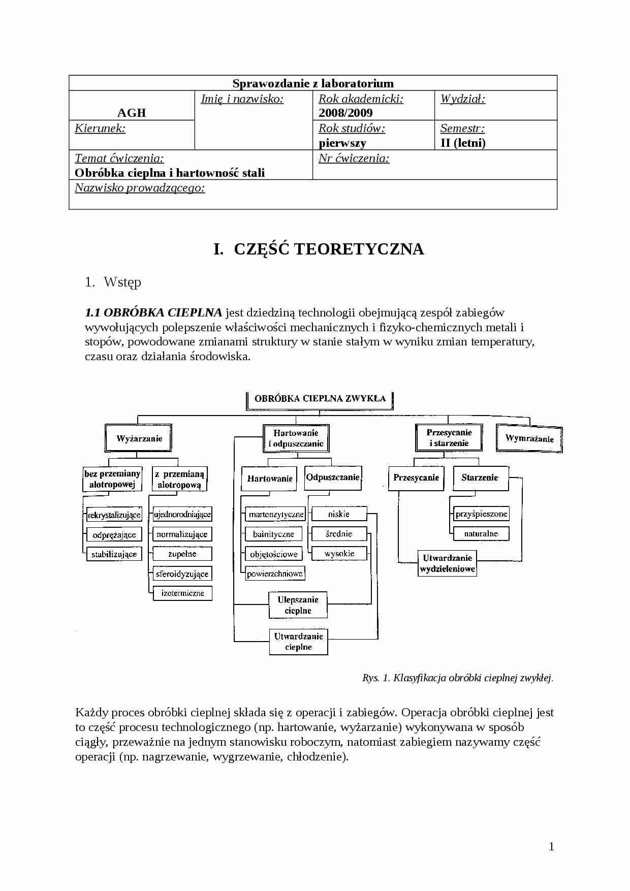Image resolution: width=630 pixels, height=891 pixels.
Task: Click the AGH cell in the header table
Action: [132, 112]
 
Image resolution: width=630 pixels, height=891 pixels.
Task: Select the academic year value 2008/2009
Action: [345, 113]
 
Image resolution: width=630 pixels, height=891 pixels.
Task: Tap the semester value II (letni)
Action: [463, 143]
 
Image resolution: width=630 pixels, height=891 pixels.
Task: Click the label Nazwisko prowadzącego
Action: [140, 188]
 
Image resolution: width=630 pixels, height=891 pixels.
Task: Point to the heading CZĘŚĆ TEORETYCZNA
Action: [319, 249]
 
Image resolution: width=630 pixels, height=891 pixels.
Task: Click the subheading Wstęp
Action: [122, 282]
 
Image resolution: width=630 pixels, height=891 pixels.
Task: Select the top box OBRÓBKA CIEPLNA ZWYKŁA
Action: [320, 399]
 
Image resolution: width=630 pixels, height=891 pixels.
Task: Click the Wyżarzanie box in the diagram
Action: [139, 438]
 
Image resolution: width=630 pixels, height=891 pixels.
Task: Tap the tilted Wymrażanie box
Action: [529, 438]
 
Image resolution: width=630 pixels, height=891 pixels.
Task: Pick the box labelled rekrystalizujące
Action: [114, 515]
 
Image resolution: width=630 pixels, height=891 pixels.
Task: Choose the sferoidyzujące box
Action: [182, 574]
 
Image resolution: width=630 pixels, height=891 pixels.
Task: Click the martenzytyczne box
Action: [276, 514]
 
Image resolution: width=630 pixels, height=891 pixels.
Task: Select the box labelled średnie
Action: [339, 533]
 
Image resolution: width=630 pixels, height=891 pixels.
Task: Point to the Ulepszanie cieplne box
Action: [298, 605]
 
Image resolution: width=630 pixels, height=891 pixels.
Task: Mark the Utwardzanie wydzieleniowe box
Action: [447, 563]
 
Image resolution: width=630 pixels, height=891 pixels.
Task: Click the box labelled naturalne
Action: [481, 533]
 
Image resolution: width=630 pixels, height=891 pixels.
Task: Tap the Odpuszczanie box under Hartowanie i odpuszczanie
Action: [333, 478]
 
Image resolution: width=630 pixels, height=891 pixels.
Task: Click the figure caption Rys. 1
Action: [457, 677]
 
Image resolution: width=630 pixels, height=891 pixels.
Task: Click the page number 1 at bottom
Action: [551, 846]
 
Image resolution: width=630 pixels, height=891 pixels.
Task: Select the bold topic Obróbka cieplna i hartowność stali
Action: [170, 173]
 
